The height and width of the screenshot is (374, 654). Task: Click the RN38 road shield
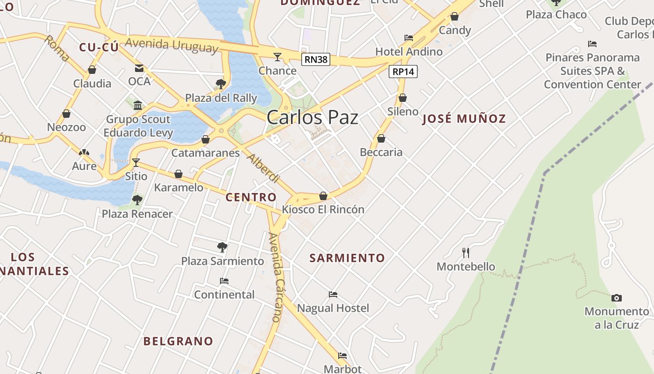pyautogui.click(x=316, y=59)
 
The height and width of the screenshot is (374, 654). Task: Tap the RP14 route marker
pyautogui.click(x=403, y=72)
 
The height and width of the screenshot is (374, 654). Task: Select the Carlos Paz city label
pyautogui.click(x=313, y=117)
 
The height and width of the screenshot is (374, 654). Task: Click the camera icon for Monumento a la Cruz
pyautogui.click(x=617, y=298)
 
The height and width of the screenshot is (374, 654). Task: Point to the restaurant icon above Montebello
pyautogui.click(x=466, y=253)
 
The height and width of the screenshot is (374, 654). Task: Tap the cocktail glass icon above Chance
pyautogui.click(x=277, y=57)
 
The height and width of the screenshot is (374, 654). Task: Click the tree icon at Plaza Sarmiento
pyautogui.click(x=222, y=247)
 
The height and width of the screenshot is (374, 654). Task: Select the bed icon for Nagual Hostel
pyautogui.click(x=333, y=295)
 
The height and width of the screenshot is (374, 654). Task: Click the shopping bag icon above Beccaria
pyautogui.click(x=381, y=138)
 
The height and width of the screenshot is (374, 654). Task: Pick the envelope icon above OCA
pyautogui.click(x=139, y=68)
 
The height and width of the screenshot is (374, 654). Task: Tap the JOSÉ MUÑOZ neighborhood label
pyautogui.click(x=464, y=119)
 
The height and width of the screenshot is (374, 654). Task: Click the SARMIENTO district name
pyautogui.click(x=347, y=258)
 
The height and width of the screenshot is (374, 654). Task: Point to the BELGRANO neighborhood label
pyautogui.click(x=178, y=341)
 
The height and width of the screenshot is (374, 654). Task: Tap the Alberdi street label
pyautogui.click(x=263, y=168)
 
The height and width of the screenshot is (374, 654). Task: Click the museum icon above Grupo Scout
pyautogui.click(x=138, y=105)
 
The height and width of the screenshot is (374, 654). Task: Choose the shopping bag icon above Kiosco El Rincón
pyautogui.click(x=323, y=196)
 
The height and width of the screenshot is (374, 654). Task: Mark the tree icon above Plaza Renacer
pyautogui.click(x=137, y=200)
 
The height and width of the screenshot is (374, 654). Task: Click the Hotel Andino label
pyautogui.click(x=409, y=51)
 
